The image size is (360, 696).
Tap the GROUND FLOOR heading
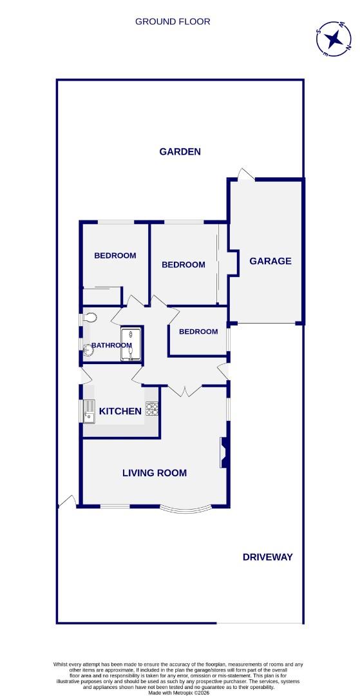(173, 21)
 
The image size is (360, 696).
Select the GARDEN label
(180, 152)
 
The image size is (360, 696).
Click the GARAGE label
(270, 261)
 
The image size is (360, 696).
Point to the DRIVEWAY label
(268, 557)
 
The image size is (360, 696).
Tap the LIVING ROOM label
(155, 473)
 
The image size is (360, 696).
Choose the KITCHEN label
(120, 411)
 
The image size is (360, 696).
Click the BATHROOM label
(111, 345)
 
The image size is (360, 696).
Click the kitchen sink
(90, 410)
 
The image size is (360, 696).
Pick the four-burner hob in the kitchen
(152, 409)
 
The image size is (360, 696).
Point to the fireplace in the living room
(223, 452)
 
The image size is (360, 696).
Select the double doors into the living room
(185, 390)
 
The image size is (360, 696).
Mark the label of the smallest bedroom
(198, 332)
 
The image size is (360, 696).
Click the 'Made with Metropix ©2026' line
(179, 693)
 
